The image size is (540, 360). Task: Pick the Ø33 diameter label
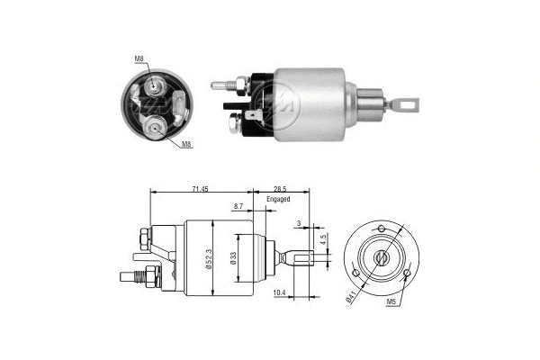tap(233, 258)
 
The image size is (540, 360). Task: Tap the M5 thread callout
tap(392, 302)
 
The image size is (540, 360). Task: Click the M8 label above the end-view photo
tap(139, 59)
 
